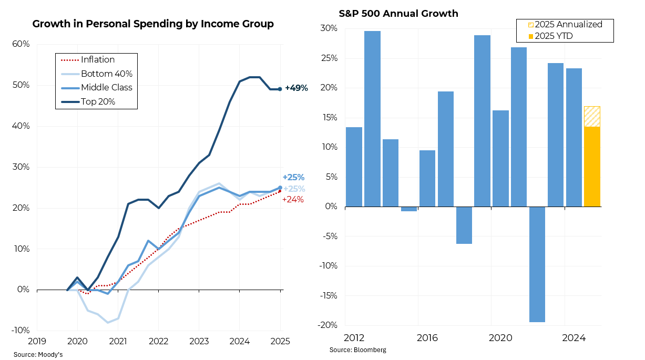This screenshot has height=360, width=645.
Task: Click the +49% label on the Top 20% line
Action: click(x=296, y=88)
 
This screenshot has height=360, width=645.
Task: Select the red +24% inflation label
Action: click(x=293, y=199)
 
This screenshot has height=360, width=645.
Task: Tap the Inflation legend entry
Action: click(x=97, y=60)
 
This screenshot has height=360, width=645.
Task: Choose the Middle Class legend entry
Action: click(x=106, y=87)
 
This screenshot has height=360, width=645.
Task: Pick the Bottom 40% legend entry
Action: click(x=106, y=74)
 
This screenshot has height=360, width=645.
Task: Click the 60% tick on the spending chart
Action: click(x=21, y=44)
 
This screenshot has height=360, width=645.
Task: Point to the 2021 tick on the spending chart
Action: click(x=118, y=341)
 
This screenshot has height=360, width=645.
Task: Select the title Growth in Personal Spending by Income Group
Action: click(x=153, y=24)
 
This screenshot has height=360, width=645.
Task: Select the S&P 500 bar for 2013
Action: click(x=372, y=119)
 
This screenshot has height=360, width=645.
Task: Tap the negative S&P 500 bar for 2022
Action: click(x=537, y=264)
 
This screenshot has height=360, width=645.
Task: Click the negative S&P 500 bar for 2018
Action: click(x=464, y=225)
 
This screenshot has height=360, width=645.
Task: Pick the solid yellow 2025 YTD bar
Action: click(x=592, y=167)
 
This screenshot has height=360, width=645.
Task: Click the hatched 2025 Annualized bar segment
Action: click(x=592, y=116)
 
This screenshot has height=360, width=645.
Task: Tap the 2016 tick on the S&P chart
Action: click(x=427, y=337)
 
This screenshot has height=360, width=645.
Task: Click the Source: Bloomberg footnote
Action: click(x=357, y=350)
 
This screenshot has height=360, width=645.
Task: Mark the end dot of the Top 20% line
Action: click(x=280, y=89)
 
